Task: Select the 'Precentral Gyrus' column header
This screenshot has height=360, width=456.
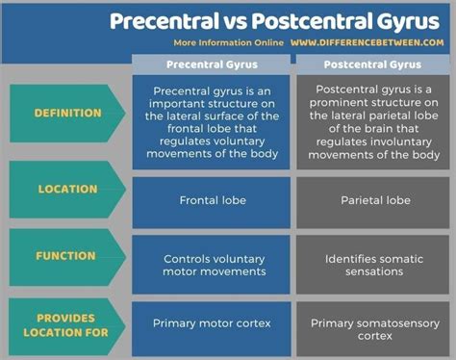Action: click(x=211, y=64)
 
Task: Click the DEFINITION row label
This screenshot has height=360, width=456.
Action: click(x=67, y=114)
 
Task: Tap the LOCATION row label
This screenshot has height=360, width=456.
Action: click(x=67, y=189)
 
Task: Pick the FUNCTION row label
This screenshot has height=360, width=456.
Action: click(x=66, y=256)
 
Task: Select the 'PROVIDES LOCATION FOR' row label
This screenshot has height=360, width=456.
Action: click(x=66, y=323)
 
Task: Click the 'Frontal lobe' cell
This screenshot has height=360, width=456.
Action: click(x=211, y=201)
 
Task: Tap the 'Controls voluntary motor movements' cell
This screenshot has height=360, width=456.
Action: click(x=211, y=265)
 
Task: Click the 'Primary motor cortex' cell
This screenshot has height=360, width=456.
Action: click(x=211, y=323)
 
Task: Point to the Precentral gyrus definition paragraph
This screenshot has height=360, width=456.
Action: click(x=211, y=122)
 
